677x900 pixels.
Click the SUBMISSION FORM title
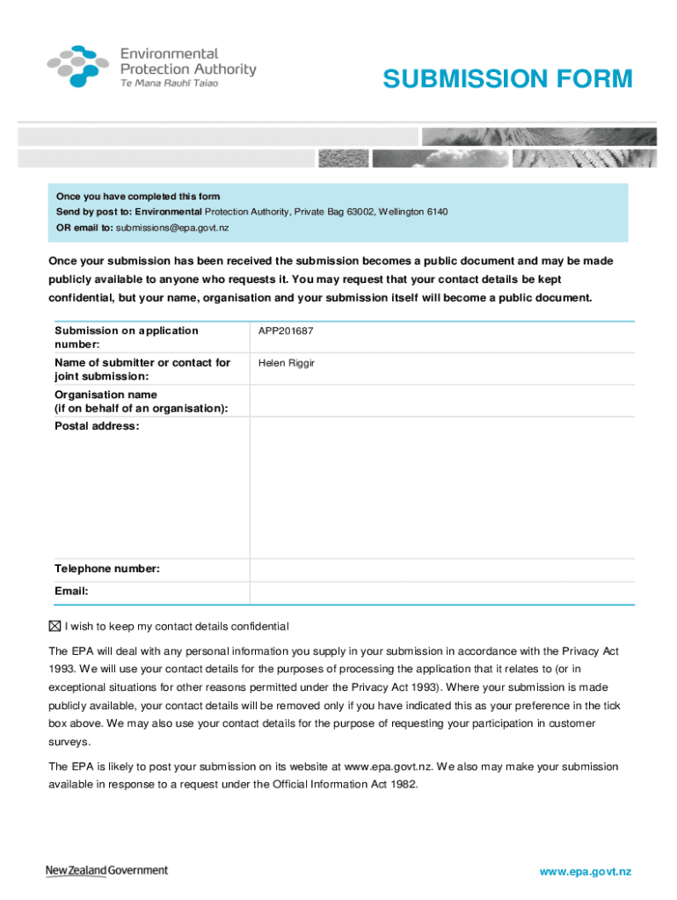(507, 79)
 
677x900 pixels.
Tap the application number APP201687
(286, 331)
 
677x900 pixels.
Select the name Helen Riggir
(286, 363)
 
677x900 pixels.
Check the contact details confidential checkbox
(55, 627)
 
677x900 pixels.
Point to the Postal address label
(96, 426)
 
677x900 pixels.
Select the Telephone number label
(106, 570)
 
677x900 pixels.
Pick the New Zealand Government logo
(106, 870)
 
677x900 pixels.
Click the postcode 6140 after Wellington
(438, 212)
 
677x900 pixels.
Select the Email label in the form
(71, 592)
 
